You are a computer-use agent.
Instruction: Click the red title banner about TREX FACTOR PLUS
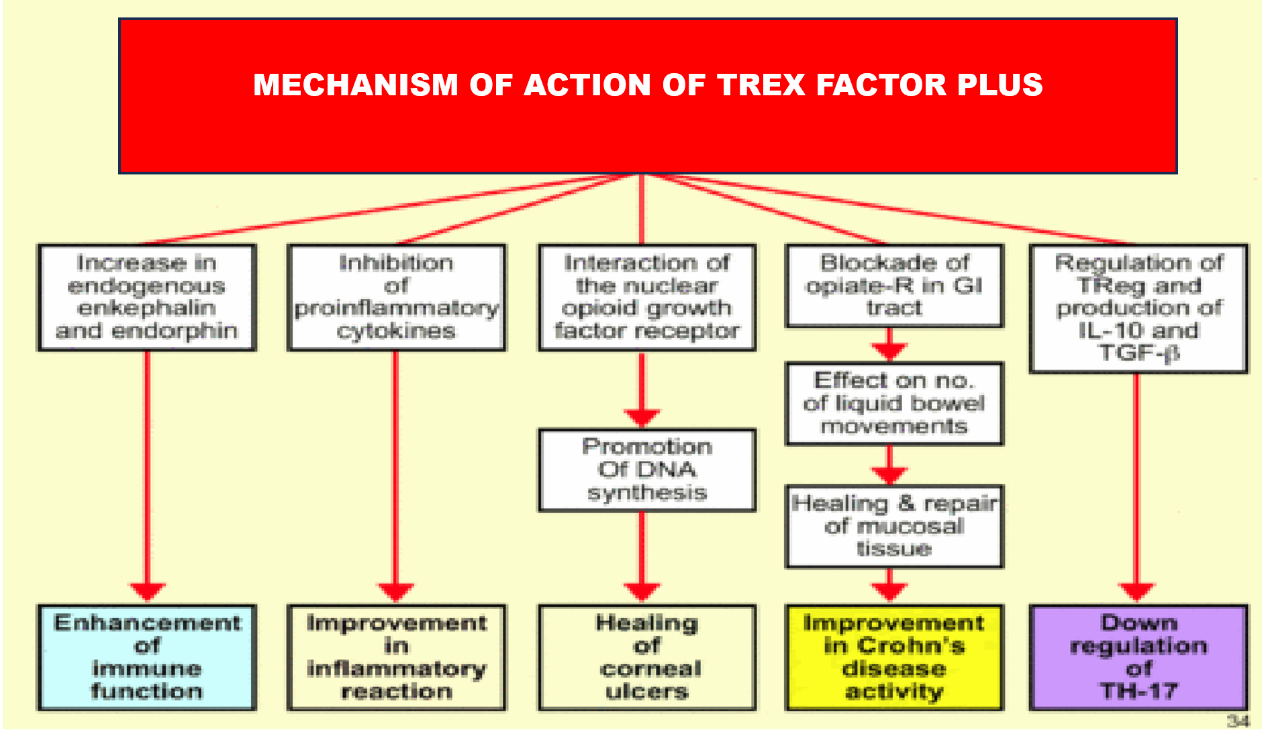click(648, 127)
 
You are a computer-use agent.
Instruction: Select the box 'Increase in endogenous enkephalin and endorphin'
click(146, 297)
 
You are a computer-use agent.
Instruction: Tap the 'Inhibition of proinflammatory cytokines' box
click(396, 297)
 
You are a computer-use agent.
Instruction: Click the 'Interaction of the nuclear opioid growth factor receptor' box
click(646, 297)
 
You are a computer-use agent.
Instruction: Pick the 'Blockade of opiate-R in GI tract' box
click(893, 286)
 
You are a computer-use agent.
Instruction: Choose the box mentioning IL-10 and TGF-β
click(1138, 308)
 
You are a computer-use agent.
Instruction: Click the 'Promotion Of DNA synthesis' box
click(646, 470)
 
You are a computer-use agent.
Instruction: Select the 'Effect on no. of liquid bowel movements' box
click(893, 403)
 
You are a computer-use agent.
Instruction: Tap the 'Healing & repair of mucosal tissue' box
click(893, 526)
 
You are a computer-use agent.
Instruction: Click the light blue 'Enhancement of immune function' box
click(146, 658)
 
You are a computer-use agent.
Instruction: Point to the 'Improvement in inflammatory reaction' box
click(396, 658)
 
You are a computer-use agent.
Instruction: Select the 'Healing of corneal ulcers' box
click(646, 658)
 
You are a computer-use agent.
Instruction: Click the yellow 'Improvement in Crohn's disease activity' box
click(893, 658)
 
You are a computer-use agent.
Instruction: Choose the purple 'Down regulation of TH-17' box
click(1138, 658)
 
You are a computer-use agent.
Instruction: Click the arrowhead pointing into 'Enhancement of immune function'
click(148, 592)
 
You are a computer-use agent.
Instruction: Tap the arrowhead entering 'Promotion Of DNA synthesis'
click(642, 417)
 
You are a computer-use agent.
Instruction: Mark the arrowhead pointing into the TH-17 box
click(1136, 592)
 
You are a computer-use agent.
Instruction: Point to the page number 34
click(1237, 721)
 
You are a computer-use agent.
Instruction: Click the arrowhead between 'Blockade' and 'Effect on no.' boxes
click(889, 351)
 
